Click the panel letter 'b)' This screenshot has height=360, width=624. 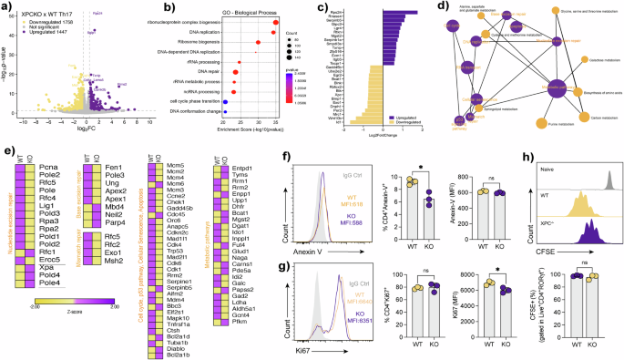(141, 7)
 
